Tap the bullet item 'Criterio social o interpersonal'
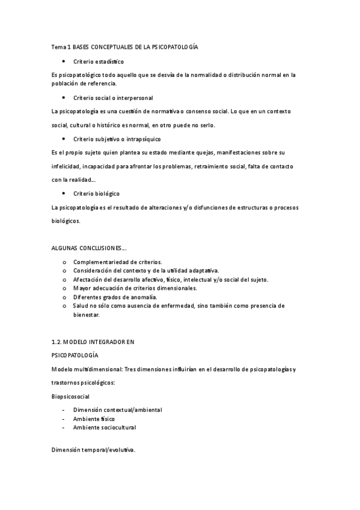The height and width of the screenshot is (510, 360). coord(113,97)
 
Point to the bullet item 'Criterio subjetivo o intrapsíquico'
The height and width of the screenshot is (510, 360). coord(117,139)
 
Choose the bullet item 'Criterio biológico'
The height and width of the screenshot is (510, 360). coord(96,194)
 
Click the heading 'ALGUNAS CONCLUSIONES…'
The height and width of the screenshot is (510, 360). coord(89,248)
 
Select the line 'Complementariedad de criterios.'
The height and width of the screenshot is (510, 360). coord(117,262)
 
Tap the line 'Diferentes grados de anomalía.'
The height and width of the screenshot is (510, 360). coord(115,297)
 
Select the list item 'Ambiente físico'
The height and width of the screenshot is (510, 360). coord(94,419)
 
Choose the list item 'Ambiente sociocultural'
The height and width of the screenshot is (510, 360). coord(105,428)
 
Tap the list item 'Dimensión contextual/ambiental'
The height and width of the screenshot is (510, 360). coord(117,410)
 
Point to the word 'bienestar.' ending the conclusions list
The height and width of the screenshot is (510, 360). coord(87,315)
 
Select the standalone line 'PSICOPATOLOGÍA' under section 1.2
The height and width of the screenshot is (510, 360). coord(75,355)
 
